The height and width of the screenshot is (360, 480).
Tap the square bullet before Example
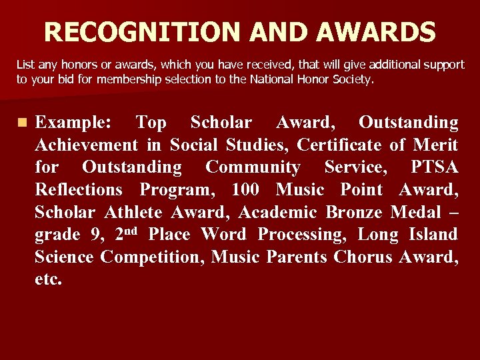23,123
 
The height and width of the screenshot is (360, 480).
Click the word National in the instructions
271,80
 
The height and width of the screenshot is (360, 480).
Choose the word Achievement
86,145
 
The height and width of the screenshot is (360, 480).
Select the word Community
253,167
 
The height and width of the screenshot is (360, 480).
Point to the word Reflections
78,190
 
